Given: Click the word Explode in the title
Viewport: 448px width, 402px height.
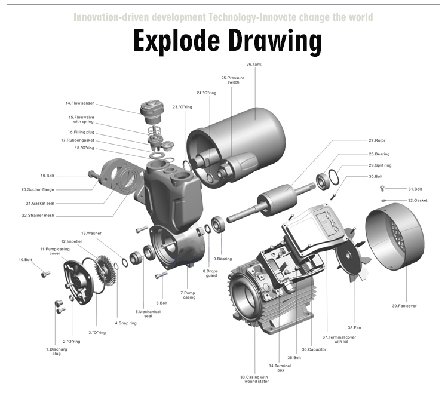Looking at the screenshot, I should pyautogui.click(x=175, y=42).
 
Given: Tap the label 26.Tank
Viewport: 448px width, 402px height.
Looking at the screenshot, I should pyautogui.click(x=254, y=64).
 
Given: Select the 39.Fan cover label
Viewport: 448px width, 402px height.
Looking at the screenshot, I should pyautogui.click(x=404, y=306).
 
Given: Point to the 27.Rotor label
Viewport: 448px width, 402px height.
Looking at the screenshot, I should pyautogui.click(x=377, y=140).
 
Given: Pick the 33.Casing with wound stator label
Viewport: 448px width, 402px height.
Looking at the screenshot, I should pyautogui.click(x=254, y=380).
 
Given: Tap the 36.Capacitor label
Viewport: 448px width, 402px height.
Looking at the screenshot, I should pyautogui.click(x=314, y=349).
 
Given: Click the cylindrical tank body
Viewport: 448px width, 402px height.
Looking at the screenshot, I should pyautogui.click(x=251, y=131).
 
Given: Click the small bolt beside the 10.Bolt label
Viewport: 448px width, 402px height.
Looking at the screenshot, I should pyautogui.click(x=44, y=274).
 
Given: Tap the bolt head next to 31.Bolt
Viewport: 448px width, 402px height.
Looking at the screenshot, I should pyautogui.click(x=383, y=188).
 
